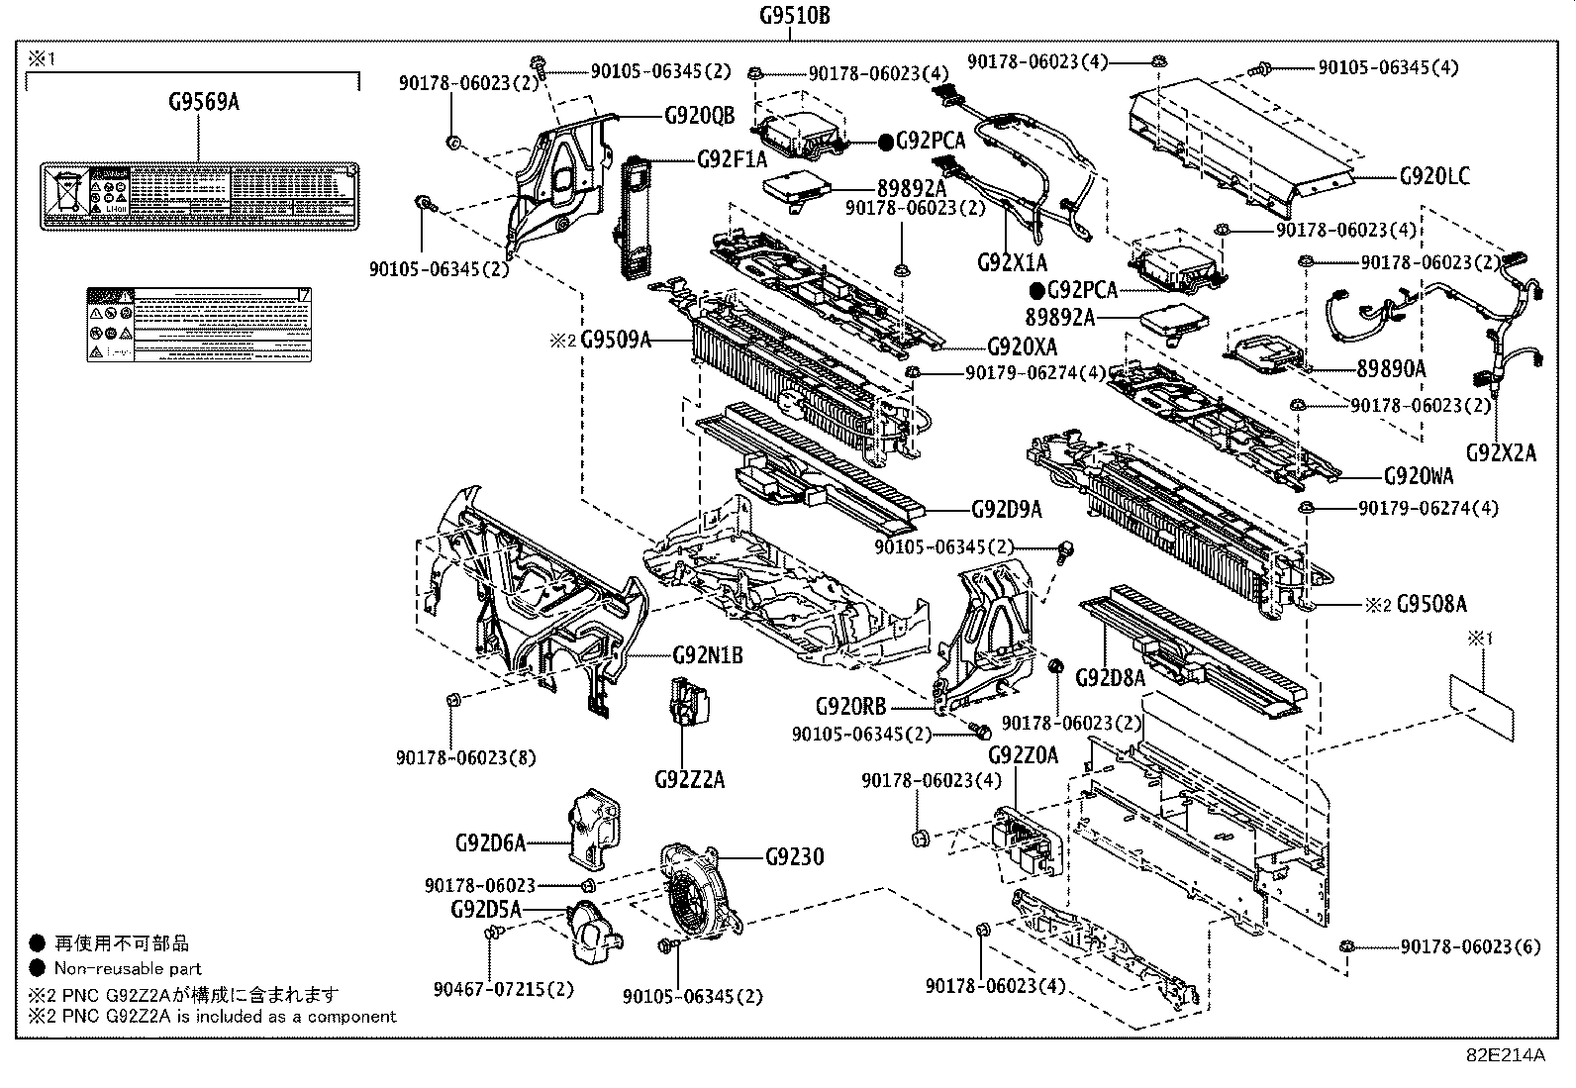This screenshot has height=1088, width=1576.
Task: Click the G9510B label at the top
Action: [794, 15]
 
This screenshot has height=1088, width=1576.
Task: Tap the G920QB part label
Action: [699, 116]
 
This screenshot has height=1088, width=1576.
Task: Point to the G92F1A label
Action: [732, 159]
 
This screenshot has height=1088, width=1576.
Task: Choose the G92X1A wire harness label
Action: [1011, 262]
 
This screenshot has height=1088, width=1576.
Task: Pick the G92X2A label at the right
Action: [1501, 452]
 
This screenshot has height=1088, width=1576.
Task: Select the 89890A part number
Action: [1391, 368]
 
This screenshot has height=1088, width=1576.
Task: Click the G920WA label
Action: [1419, 476]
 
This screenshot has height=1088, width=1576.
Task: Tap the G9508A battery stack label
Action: [1431, 603]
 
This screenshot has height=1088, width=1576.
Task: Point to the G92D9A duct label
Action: [1006, 510]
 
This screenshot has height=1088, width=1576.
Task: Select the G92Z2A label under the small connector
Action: [689, 780]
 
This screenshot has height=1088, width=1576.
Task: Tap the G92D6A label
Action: [490, 843]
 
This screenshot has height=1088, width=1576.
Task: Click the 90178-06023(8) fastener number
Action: [465, 757]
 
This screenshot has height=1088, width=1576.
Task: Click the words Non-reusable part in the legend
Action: [128, 969]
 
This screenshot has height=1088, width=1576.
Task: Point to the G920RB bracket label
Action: [850, 707]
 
